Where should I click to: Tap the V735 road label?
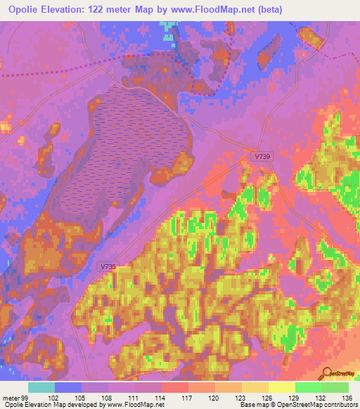point(108,266)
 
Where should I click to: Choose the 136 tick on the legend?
point(347,398)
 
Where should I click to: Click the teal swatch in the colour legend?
point(41,387)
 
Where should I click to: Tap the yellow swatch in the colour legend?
point(281,387)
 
